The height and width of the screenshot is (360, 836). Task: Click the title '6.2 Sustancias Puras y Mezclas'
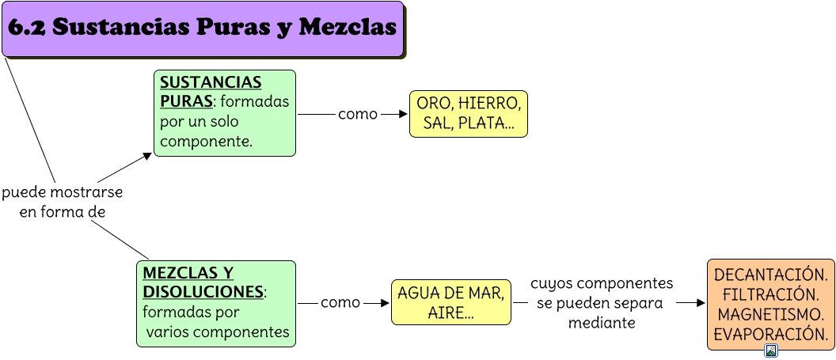tap(202, 28)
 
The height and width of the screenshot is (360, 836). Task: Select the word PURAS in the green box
tap(186, 102)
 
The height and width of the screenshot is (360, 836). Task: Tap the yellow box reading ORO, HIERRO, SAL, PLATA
tap(469, 113)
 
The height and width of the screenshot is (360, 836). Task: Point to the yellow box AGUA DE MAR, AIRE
tap(450, 302)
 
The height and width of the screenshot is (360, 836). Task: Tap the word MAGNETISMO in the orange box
tap(770, 315)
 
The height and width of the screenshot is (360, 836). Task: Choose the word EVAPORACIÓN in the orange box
tap(770, 335)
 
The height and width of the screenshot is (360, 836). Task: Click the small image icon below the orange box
tap(771, 351)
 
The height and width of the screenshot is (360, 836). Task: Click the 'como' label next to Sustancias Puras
tap(358, 114)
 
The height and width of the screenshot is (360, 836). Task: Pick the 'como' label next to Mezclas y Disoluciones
tap(340, 303)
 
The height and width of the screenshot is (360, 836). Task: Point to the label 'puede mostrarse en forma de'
tap(62, 203)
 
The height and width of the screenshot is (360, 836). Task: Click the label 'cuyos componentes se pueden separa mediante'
tap(602, 303)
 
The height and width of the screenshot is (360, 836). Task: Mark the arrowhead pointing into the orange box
tap(701, 303)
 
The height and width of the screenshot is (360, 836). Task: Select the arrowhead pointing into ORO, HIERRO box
tap(404, 114)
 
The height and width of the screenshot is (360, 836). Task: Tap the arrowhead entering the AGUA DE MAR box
tap(386, 303)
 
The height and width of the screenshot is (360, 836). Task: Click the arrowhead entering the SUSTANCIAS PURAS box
tap(147, 156)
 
